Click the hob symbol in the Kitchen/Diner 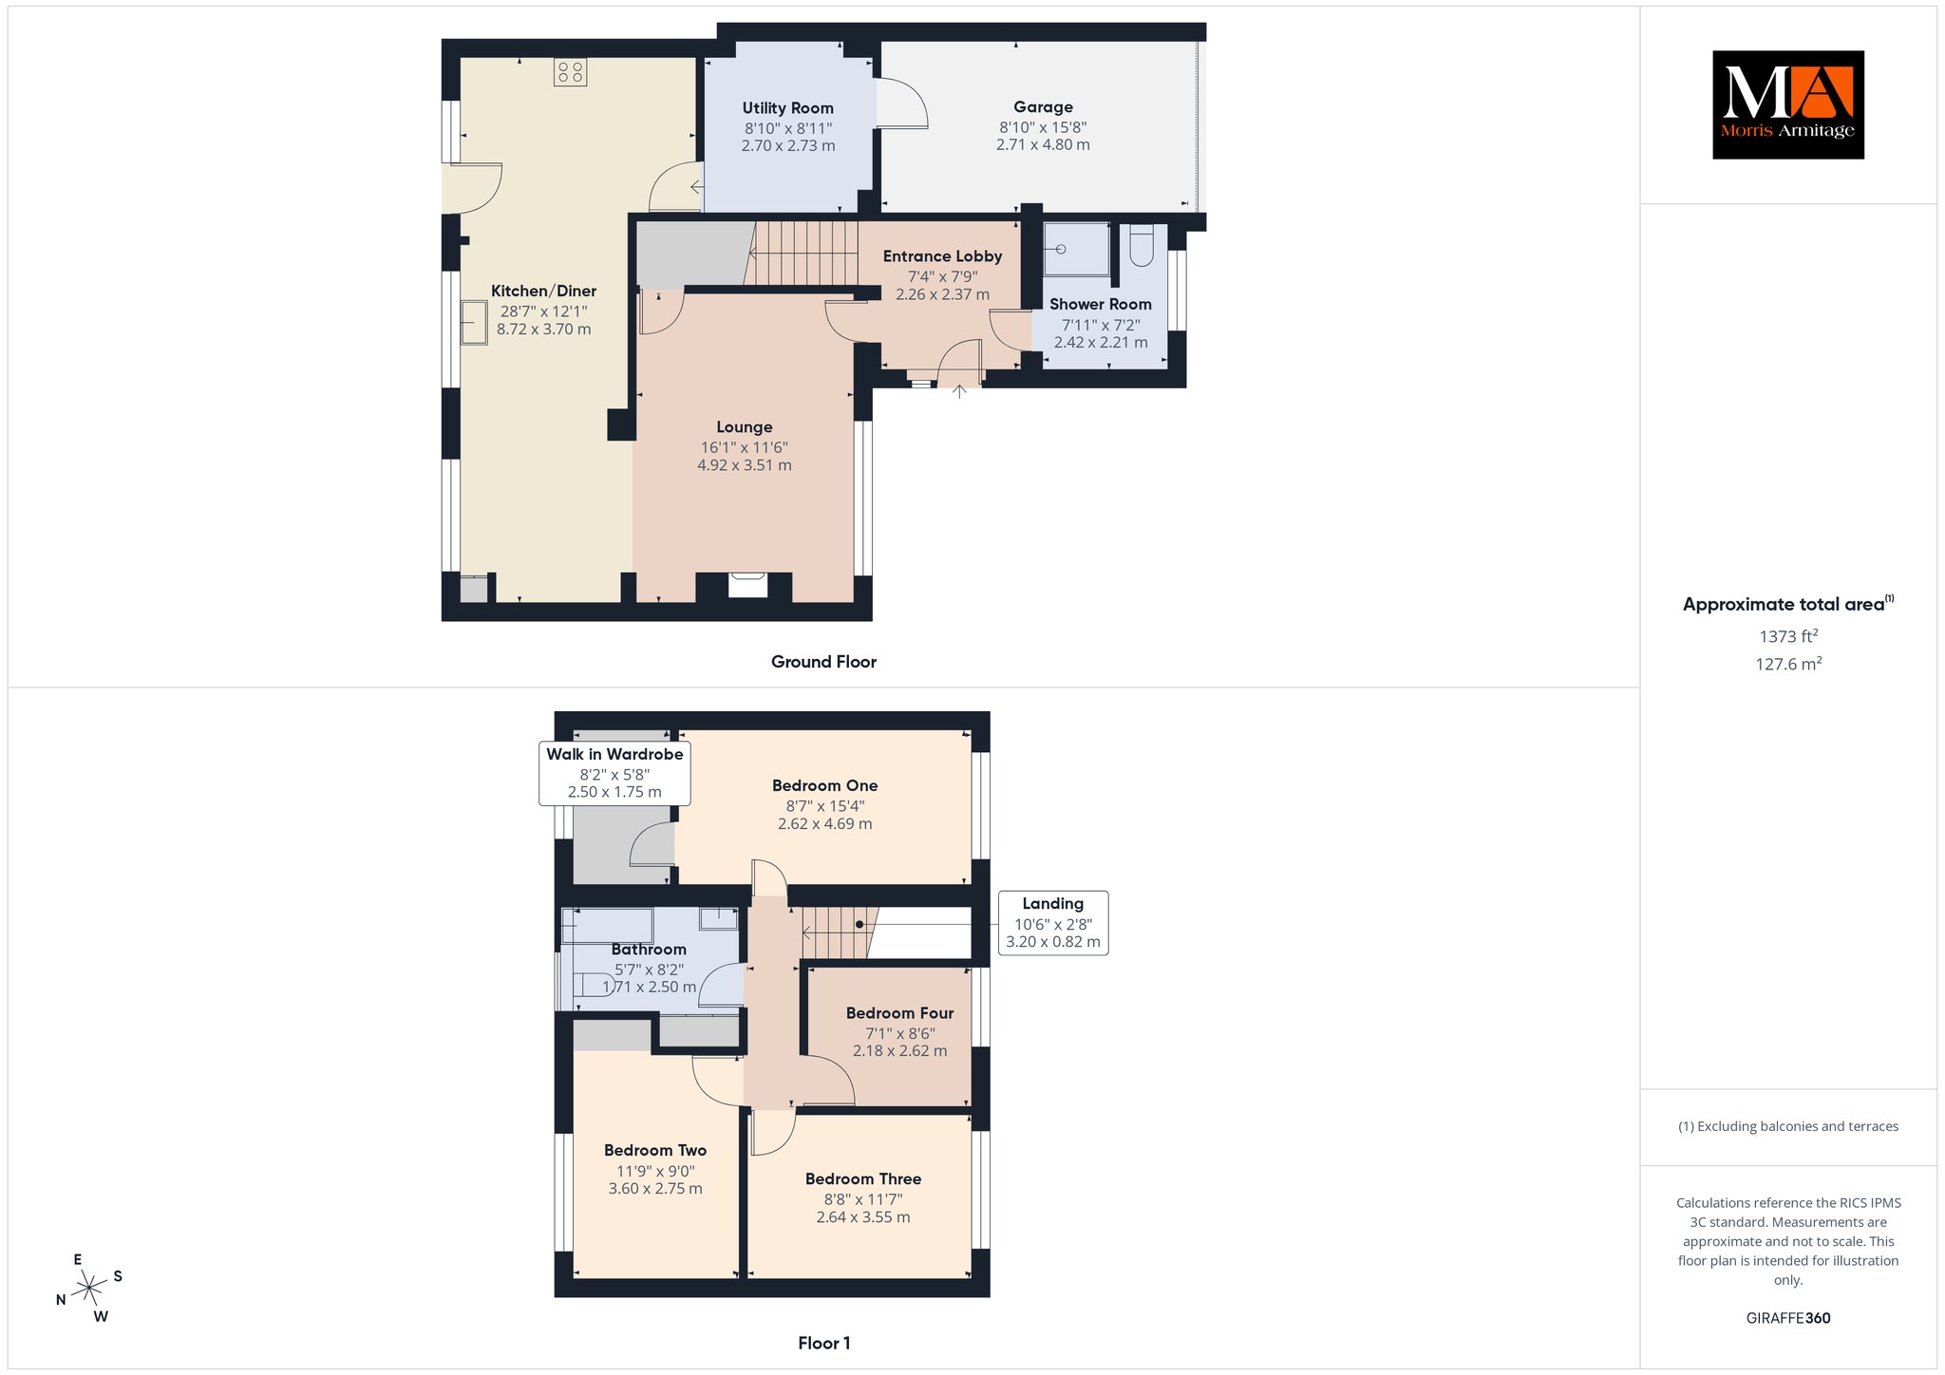[x=570, y=72]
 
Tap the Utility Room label [x=788, y=108]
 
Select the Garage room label [x=1043, y=107]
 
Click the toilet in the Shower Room [x=1142, y=245]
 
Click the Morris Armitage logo [x=1788, y=104]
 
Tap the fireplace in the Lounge [x=747, y=585]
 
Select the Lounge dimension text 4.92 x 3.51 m [x=745, y=465]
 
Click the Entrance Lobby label [x=942, y=256]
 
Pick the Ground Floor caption [x=823, y=662]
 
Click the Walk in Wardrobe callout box [x=614, y=773]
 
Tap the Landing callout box [x=1053, y=923]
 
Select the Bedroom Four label [x=899, y=1013]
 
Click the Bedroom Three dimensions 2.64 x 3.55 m [x=863, y=1217]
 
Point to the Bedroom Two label [x=655, y=1150]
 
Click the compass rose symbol [x=89, y=1288]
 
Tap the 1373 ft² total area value [x=1788, y=636]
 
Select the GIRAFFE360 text [x=1788, y=1318]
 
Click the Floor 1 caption [x=823, y=1343]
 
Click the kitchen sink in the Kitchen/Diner [x=474, y=322]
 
